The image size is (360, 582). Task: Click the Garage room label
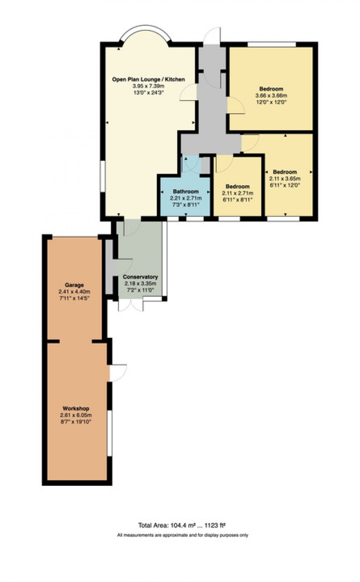[x=74, y=285]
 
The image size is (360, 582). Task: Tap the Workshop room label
[x=76, y=408]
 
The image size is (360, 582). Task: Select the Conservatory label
[x=140, y=277]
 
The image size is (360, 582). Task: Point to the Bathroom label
[x=186, y=191]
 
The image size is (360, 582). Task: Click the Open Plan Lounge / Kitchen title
[x=148, y=79]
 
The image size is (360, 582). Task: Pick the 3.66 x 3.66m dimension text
[x=271, y=95]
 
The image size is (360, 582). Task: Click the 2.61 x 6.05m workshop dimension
[x=76, y=415]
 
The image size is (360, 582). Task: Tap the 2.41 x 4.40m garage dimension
[x=74, y=292]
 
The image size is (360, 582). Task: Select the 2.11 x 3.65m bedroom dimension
[x=285, y=178]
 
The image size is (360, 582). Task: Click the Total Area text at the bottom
[x=182, y=525]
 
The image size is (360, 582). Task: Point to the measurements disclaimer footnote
[x=183, y=535]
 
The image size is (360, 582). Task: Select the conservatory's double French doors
[x=131, y=305]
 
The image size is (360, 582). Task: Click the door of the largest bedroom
[x=236, y=105]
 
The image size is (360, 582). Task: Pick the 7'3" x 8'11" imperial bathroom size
[x=186, y=205]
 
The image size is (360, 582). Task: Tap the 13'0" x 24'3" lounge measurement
[x=148, y=93]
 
